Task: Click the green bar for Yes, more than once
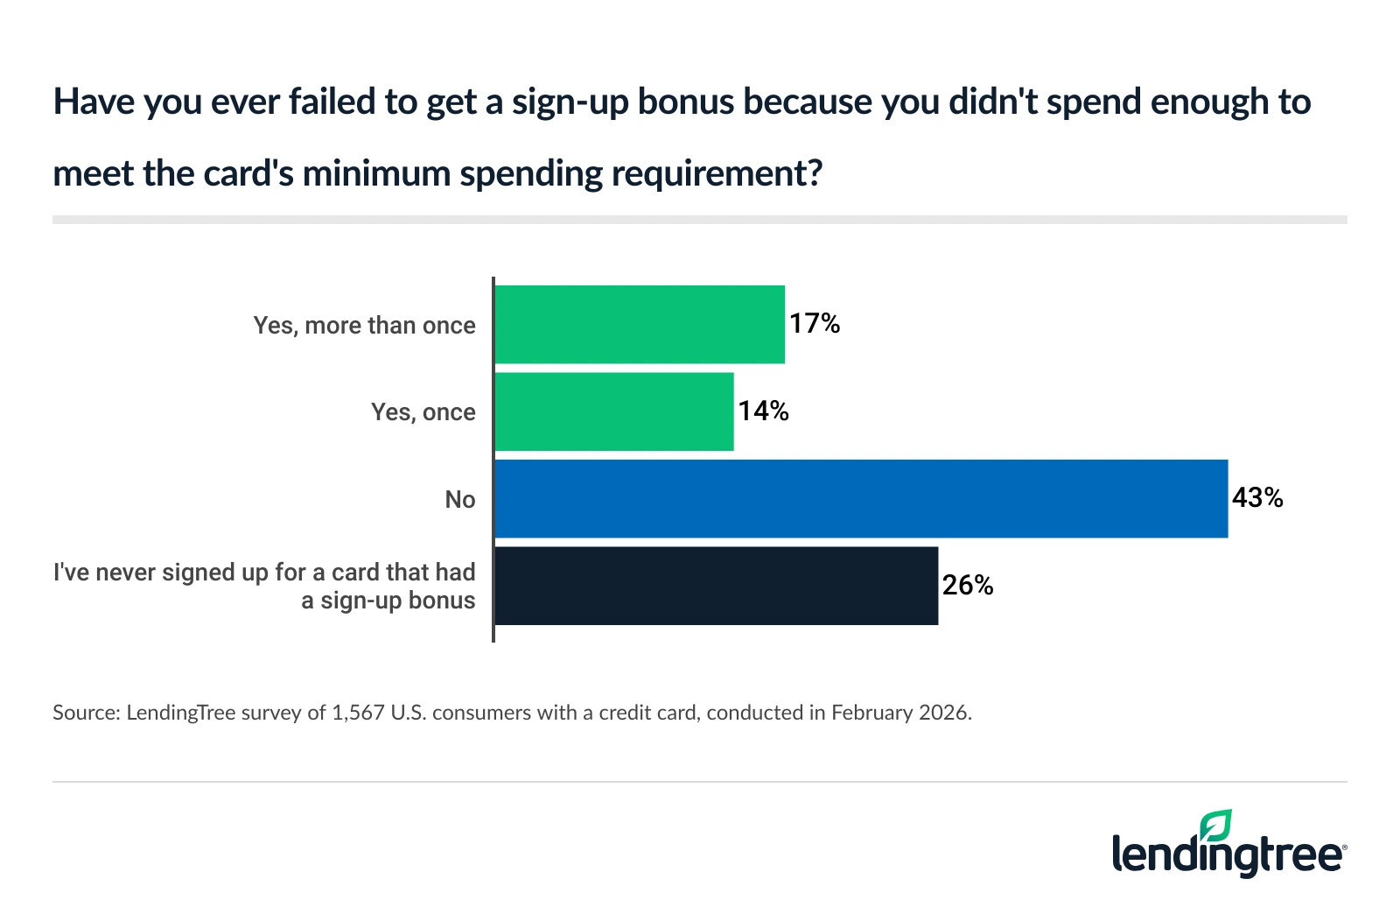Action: pyautogui.click(x=640, y=324)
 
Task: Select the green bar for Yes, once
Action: pyautogui.click(x=614, y=411)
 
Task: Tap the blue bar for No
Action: pyautogui.click(x=861, y=499)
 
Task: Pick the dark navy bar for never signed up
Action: pyautogui.click(x=716, y=586)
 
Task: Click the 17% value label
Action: pyautogui.click(x=815, y=324)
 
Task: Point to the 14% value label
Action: pyautogui.click(x=763, y=411)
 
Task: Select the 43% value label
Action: pyautogui.click(x=1257, y=498)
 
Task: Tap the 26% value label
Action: pyautogui.click(x=967, y=586)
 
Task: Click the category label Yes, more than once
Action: pyautogui.click(x=364, y=326)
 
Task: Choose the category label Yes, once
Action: pyautogui.click(x=423, y=412)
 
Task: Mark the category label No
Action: pyautogui.click(x=459, y=500)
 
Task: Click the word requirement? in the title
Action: pyautogui.click(x=717, y=173)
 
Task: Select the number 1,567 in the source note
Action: pyautogui.click(x=358, y=713)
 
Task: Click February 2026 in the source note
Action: pyautogui.click(x=899, y=713)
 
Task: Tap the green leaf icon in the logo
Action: pyautogui.click(x=1215, y=826)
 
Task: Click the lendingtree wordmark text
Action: pyautogui.click(x=1225, y=855)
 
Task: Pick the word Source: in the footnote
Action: pyautogui.click(x=86, y=713)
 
